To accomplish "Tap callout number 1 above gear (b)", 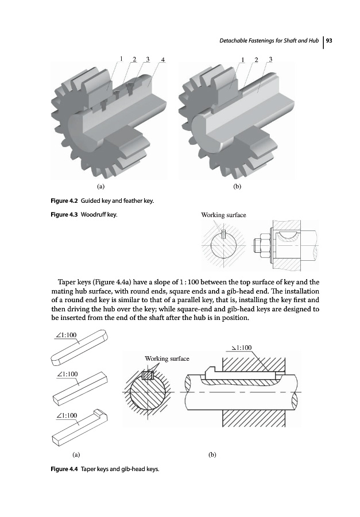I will [x=243, y=59].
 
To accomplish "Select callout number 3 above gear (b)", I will [x=270, y=59].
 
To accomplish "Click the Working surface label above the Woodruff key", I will [x=223, y=215].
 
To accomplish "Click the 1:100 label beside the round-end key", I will [x=67, y=335].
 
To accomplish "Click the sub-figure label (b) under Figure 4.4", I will [x=212, y=454].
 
